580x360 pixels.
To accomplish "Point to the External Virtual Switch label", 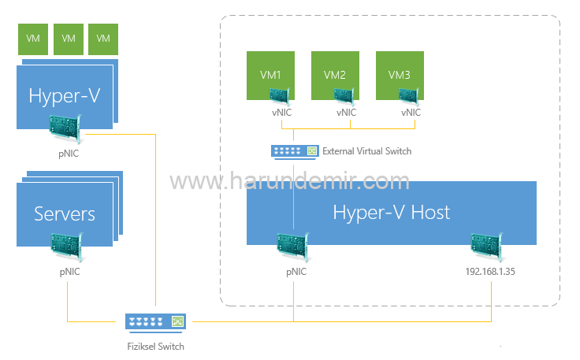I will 366,151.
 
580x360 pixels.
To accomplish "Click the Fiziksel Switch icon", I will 156,321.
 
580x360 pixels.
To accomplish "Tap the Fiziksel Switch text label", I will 155,346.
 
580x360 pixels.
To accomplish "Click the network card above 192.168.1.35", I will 486,247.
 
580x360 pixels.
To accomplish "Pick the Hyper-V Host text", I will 391,212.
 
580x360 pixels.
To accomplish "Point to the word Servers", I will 65,213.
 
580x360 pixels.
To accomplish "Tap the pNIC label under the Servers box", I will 69,272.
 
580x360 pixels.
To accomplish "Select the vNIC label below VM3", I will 411,113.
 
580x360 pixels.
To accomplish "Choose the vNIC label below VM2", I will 346,113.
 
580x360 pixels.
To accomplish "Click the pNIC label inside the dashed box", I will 296,272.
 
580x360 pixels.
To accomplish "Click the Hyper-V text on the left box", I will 65,96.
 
